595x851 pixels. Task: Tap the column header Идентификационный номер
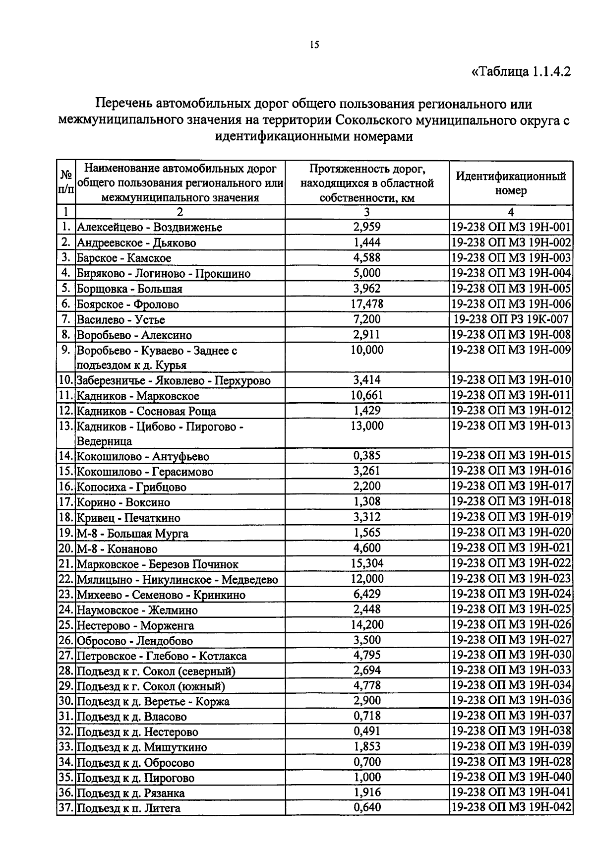[511, 183]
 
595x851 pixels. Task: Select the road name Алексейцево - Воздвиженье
[149, 228]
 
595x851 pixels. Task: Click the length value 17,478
[367, 304]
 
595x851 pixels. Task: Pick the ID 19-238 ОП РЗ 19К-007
[511, 319]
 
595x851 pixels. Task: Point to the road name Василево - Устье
[121, 320]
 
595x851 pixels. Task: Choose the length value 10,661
[367, 396]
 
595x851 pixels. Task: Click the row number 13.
[65, 426]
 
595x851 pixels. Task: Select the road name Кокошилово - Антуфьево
[143, 457]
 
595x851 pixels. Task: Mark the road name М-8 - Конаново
[117, 549]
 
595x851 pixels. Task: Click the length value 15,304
[367, 564]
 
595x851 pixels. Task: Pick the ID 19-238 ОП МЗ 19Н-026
[511, 625]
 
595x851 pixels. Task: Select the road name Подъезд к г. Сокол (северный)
[156, 671]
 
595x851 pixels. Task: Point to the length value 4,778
[367, 686]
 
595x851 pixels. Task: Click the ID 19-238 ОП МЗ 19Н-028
[511, 762]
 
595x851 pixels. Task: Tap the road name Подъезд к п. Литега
[128, 808]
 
